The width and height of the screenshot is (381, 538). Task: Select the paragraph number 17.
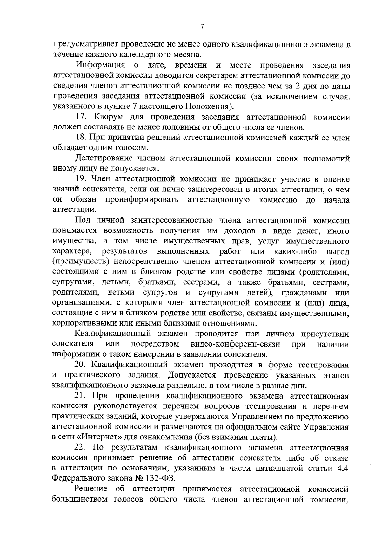pyautogui.click(x=82, y=117)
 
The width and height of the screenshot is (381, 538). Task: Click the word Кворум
pyautogui.click(x=108, y=117)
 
